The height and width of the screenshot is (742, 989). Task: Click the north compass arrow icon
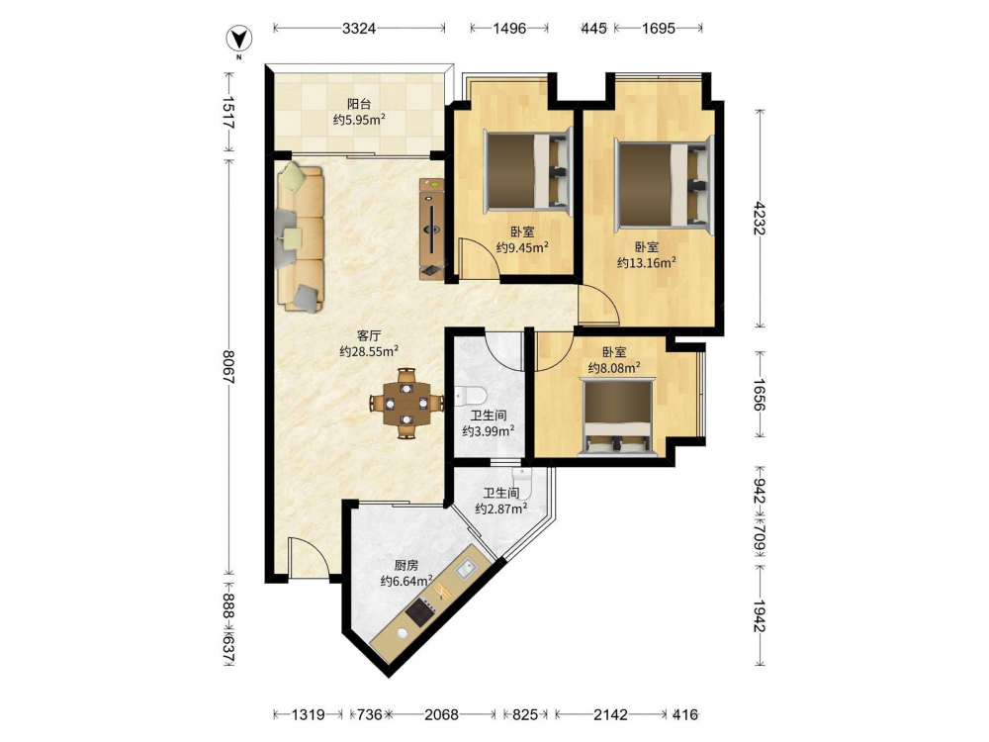coord(239,40)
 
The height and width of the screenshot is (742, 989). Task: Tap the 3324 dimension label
coord(359,28)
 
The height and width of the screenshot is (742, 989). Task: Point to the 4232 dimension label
coord(759,219)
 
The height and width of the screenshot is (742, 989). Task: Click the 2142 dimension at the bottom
coord(610,715)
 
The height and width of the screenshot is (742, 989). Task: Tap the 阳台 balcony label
coord(359,104)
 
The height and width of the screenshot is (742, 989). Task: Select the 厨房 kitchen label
coord(406,565)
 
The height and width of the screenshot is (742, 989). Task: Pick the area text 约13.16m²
coord(647,262)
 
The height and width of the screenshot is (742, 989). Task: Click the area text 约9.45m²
coord(521,247)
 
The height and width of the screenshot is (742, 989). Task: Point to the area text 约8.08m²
coord(614,367)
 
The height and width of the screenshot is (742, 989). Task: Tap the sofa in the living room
coord(301,236)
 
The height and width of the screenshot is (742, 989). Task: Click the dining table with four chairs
coord(406,403)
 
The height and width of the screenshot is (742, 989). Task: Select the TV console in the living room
coord(432,229)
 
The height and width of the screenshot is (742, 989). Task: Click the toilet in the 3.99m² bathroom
coord(471,396)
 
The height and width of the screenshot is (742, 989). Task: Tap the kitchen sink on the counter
coord(468,569)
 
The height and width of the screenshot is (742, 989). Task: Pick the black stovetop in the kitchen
coord(420,612)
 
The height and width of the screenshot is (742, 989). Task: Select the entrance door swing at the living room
coord(308,556)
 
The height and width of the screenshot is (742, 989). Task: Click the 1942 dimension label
coord(759,615)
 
